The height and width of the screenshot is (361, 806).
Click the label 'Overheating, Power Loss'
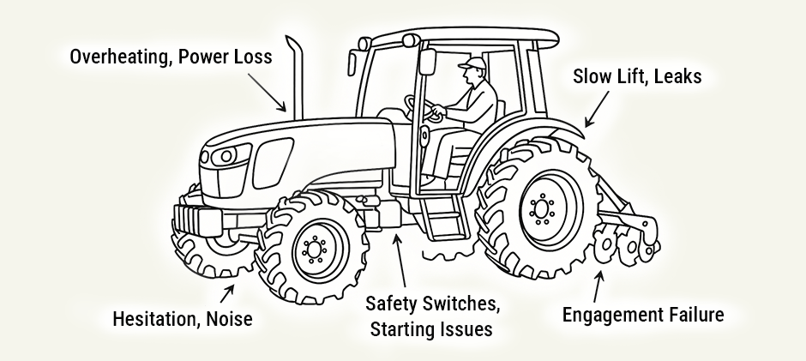pos(171,57)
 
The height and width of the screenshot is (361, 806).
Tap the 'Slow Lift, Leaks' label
pos(636,77)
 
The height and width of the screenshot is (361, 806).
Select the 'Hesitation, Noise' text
pos(183,320)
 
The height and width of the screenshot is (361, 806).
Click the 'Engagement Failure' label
pos(642,315)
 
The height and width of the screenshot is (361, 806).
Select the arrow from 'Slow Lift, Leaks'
pos(598,108)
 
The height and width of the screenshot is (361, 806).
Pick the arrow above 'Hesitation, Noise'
pos(228,293)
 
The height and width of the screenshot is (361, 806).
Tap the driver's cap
pos(471,63)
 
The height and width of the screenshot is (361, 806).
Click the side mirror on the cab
pos(352,63)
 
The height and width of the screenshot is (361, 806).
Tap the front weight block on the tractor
pos(199,219)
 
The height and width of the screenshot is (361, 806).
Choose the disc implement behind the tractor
pos(626,244)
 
